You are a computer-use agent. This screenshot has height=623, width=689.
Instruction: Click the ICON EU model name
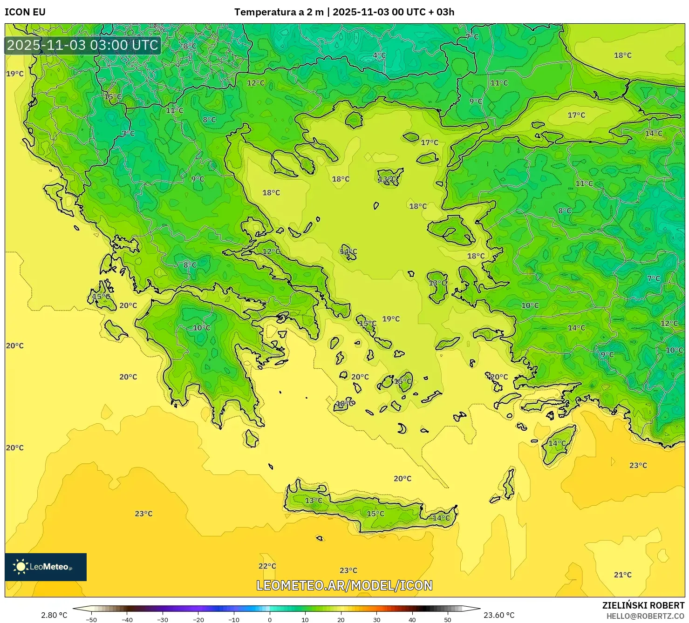[25, 12]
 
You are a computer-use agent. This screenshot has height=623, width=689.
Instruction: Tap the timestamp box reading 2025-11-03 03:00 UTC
[83, 45]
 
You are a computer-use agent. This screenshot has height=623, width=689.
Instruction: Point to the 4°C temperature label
[379, 55]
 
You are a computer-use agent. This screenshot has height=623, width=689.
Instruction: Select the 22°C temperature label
[267, 566]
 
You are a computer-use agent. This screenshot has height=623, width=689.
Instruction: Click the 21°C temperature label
[622, 575]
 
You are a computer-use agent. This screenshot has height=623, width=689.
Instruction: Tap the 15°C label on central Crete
[375, 514]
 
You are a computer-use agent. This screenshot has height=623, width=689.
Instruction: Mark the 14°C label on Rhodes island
[557, 443]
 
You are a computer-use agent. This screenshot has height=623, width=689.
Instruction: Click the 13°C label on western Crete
[314, 501]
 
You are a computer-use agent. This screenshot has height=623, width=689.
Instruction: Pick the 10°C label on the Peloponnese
[202, 328]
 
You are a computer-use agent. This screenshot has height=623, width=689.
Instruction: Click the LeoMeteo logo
[46, 567]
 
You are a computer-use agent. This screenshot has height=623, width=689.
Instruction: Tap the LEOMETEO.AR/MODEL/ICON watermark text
[344, 585]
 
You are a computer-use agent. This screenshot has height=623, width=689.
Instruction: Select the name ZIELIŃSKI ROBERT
[643, 606]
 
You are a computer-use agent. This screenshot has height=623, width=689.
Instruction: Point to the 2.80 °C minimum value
[54, 615]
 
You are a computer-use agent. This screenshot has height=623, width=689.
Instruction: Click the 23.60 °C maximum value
[499, 615]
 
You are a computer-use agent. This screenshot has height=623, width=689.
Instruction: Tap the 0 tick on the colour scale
[270, 620]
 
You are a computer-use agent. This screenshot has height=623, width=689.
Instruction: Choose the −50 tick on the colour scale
[91, 620]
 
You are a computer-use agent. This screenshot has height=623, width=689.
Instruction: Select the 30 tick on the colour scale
[376, 620]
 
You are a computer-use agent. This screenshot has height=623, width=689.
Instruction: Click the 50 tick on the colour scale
[448, 620]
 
